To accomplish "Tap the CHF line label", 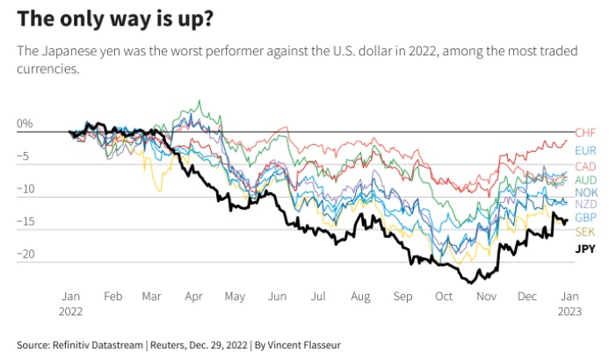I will (x=585, y=133).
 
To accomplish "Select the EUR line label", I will (x=585, y=150).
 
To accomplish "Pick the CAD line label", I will (x=586, y=167).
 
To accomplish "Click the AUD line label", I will (x=586, y=179).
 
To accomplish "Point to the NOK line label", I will (x=586, y=192).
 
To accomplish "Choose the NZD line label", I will (x=586, y=205).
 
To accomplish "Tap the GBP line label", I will (x=586, y=217).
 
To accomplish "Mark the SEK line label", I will (x=585, y=231).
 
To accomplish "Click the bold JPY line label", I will (x=585, y=249).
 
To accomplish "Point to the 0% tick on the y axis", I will (x=25, y=124).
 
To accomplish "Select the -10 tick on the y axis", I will (x=25, y=189).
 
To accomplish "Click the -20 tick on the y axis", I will (x=25, y=255).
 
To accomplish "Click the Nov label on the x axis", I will (x=487, y=297).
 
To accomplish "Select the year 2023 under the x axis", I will (x=569, y=311).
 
